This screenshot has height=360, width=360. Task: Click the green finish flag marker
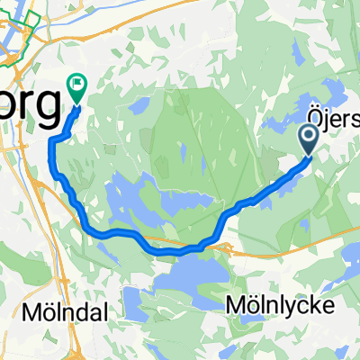coord(76,86)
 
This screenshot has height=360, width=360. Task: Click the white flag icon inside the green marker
coord(76,85)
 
